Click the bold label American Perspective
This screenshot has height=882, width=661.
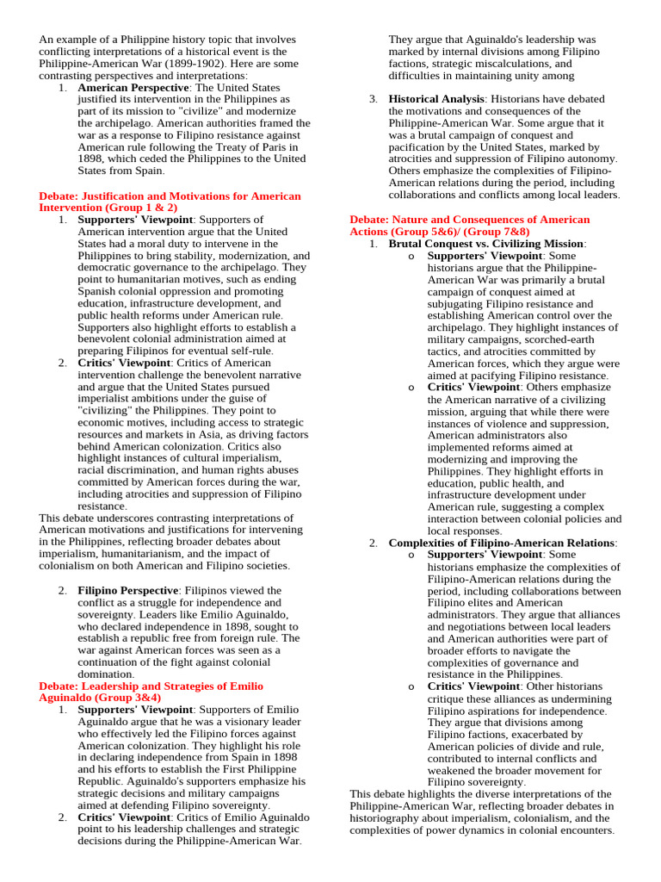(x=133, y=88)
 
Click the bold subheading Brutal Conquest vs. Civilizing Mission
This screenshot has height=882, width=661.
(x=486, y=244)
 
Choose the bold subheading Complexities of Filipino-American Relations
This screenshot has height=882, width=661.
(x=502, y=543)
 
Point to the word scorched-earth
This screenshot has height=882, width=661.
(x=533, y=340)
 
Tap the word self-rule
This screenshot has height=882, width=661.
(x=249, y=351)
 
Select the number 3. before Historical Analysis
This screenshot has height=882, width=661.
(x=374, y=99)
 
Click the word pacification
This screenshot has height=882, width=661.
(x=423, y=147)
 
